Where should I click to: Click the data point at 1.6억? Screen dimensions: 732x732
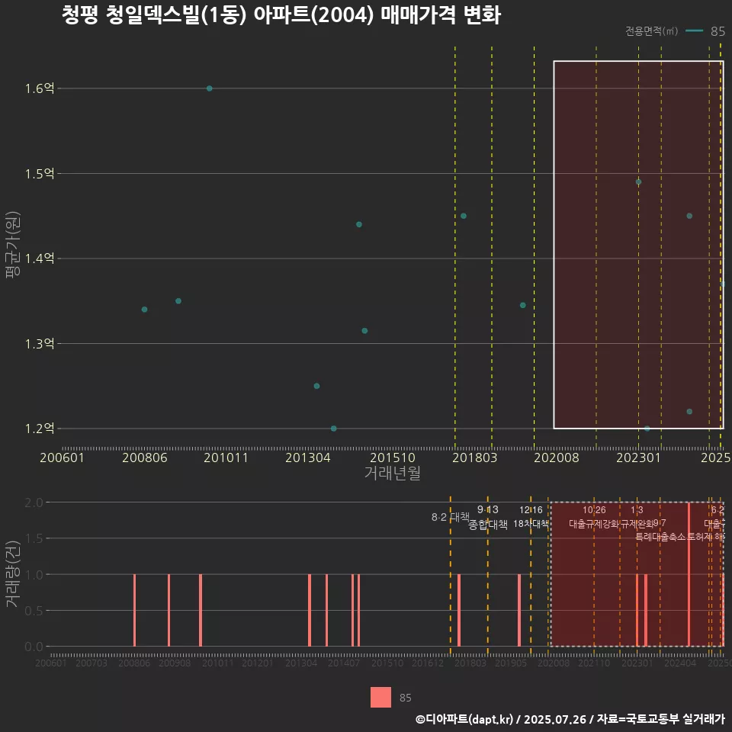pos(210,88)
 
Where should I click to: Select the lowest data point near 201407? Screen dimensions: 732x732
pos(333,429)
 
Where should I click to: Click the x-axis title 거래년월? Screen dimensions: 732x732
pos(392,473)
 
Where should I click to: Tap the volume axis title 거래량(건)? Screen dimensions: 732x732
pos(11,574)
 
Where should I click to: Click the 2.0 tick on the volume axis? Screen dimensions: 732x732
pos(34,502)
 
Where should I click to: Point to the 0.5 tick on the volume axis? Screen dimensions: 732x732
pos(34,611)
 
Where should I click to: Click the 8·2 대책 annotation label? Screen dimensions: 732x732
pos(450,517)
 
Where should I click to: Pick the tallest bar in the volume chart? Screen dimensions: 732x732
pos(689,574)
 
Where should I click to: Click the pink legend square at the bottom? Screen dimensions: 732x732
pos(380,697)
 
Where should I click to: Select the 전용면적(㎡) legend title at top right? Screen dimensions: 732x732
pos(651,31)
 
